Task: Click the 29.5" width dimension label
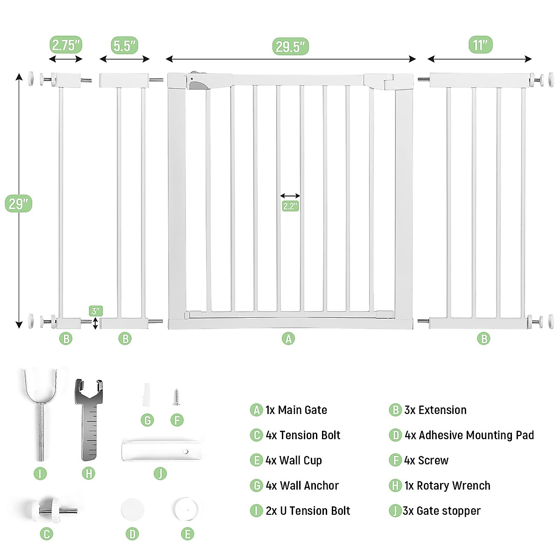[x=290, y=47]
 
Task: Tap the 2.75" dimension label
[x=66, y=45]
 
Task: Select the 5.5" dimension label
[x=125, y=46]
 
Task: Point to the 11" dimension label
[x=480, y=45]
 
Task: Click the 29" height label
[x=19, y=203]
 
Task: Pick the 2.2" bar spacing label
[x=290, y=206]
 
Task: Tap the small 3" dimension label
[x=96, y=311]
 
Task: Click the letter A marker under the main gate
[x=288, y=339]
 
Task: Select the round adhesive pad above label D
[x=132, y=510]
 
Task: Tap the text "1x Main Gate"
[x=296, y=410]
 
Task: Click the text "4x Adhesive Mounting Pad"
[x=469, y=435]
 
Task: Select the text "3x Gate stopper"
[x=441, y=511]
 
